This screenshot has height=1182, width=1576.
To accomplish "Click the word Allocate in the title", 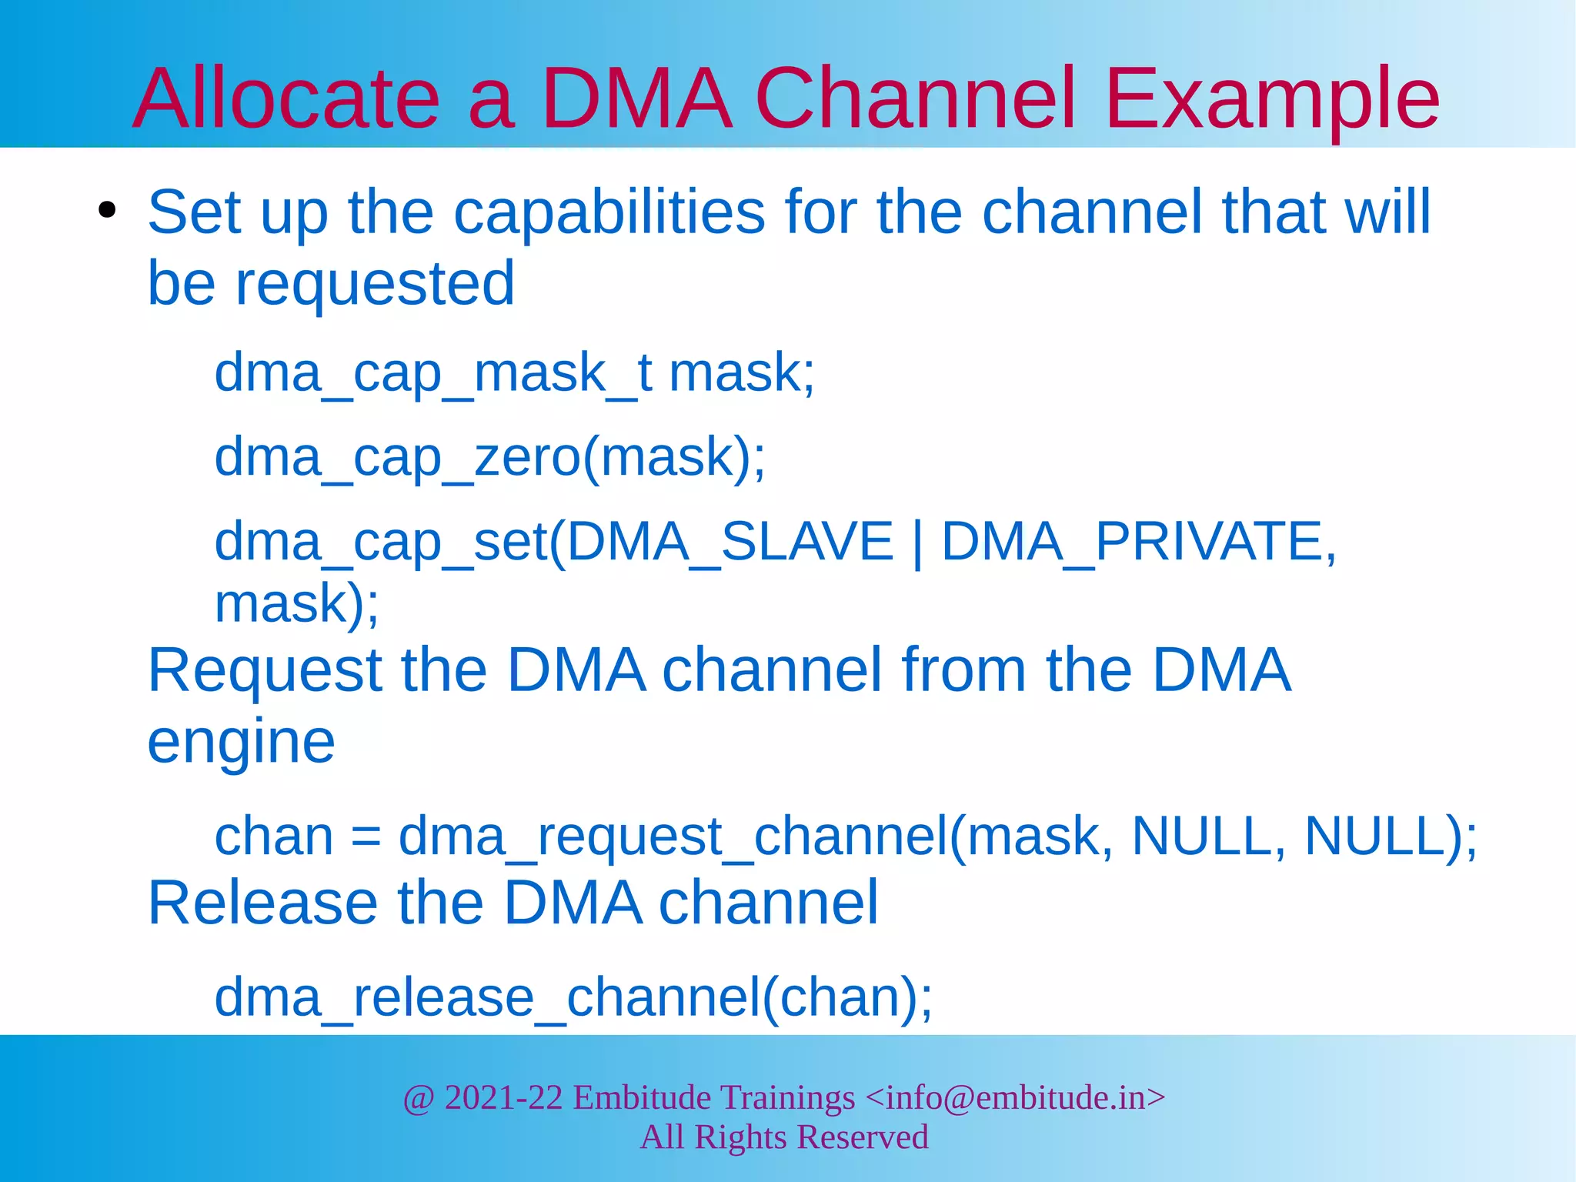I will [x=286, y=98].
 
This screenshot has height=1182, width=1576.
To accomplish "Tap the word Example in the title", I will [x=1271, y=98].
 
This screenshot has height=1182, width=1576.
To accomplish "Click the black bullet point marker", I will [x=107, y=210].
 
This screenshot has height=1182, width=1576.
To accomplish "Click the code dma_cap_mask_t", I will [x=433, y=373].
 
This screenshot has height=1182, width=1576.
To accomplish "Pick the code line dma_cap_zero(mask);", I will [x=489, y=458].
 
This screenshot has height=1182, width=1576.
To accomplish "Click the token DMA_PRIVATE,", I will [x=1139, y=542].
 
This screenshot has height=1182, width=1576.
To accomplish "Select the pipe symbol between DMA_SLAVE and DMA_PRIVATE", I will [x=917, y=543].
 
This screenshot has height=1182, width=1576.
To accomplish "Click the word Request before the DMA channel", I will [x=265, y=670].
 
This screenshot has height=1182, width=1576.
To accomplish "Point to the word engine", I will [x=241, y=743].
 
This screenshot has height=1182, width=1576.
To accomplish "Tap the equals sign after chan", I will [x=366, y=837].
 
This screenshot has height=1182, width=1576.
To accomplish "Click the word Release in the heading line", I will [x=262, y=903].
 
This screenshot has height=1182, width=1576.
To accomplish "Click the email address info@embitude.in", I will [x=1016, y=1098].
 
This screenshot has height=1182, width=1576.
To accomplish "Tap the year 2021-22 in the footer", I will [x=503, y=1098].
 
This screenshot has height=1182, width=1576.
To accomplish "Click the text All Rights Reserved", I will [x=784, y=1137].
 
